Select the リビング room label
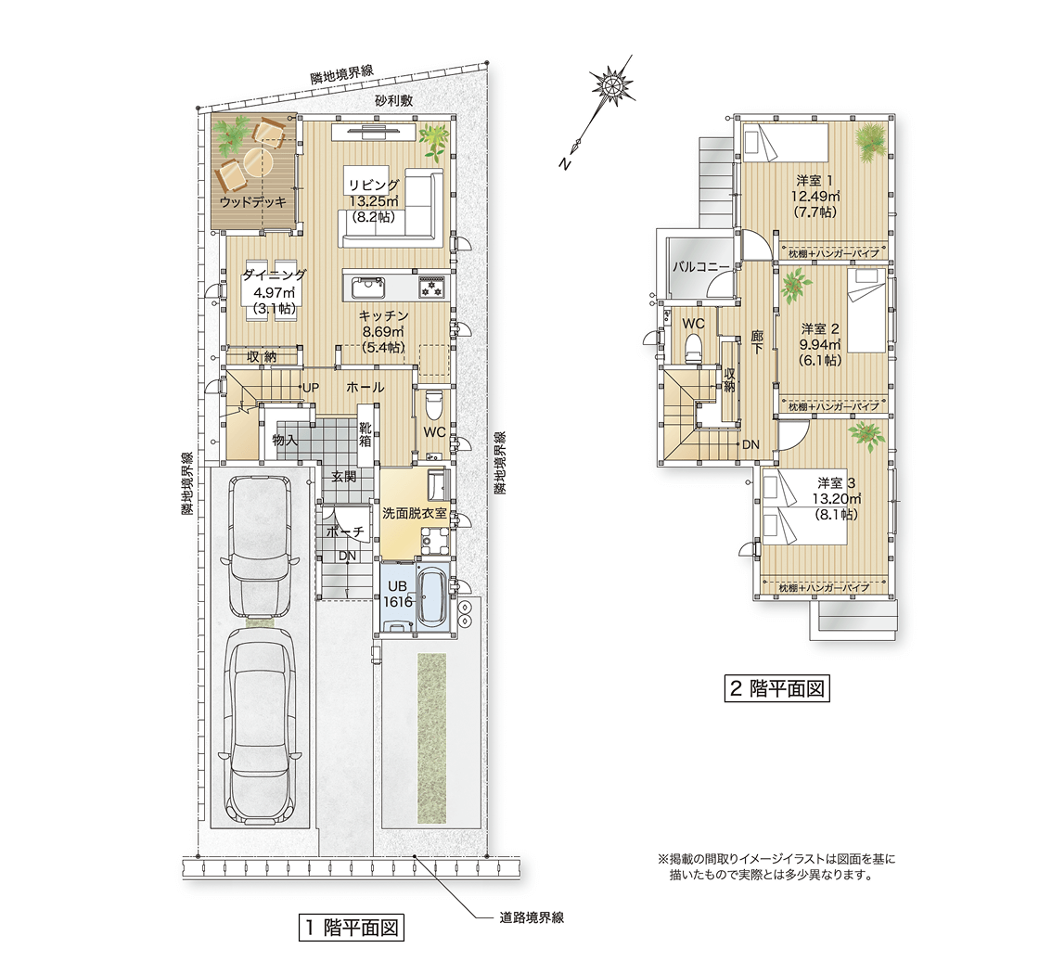[x=374, y=186]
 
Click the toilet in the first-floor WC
[x=434, y=405]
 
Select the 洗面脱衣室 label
[x=415, y=512]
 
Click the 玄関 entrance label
[x=344, y=476]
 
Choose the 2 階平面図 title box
[x=776, y=688]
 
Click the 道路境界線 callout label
[x=532, y=918]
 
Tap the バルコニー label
[x=701, y=267]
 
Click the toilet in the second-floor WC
[x=692, y=349]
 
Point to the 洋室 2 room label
[x=820, y=328]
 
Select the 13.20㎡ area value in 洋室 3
[x=836, y=498]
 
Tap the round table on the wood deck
[x=256, y=159]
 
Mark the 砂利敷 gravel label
[x=393, y=101]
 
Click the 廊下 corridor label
[x=757, y=342]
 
